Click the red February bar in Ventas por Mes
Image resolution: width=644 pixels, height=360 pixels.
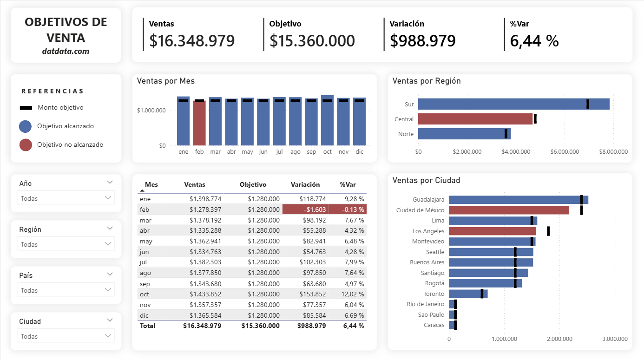coord(199,123)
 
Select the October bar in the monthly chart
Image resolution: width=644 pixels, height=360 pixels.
coord(327,121)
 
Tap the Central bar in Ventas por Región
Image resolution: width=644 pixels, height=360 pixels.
coord(475,119)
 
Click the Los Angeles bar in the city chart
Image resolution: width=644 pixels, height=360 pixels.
coord(492,231)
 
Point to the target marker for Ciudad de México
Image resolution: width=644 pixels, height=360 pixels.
coord(581,210)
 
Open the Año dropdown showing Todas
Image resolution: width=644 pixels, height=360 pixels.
coord(66,198)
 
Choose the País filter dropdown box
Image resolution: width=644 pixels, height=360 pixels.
coord(66,290)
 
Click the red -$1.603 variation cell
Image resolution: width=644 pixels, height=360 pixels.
coord(305,209)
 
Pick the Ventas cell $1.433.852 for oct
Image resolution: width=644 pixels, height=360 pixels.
coord(205,294)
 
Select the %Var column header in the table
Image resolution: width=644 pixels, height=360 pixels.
coord(348,184)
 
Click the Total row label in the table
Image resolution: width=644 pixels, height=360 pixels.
coord(148,326)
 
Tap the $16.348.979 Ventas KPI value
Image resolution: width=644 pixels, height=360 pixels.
coord(192,41)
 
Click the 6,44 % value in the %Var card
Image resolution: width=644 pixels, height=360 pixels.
coord(534,41)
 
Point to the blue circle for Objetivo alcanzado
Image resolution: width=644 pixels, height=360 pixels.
coord(26,126)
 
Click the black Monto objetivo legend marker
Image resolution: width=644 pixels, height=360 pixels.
coord(26,108)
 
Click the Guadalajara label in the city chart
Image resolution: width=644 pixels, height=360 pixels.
coord(428,200)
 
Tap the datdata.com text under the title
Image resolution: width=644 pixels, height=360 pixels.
coord(66,51)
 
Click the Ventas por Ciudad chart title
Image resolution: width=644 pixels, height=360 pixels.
coord(426,180)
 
